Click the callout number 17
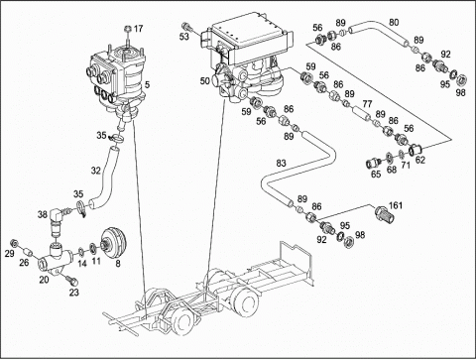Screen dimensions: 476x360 click(x=138, y=29)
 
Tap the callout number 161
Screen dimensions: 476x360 click(x=396, y=205)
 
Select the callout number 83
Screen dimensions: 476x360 click(x=281, y=163)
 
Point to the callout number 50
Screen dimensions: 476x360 click(x=205, y=80)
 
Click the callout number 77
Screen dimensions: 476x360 click(x=367, y=104)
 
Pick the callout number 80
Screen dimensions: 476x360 click(x=394, y=22)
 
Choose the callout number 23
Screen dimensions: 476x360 click(x=73, y=293)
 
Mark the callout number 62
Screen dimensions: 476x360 click(x=420, y=160)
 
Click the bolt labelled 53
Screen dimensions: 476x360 click(x=186, y=26)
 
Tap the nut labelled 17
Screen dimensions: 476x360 click(x=128, y=29)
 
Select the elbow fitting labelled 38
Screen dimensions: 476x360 click(x=57, y=218)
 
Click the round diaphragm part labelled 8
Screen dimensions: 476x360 click(x=114, y=244)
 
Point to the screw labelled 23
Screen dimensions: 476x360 click(x=72, y=280)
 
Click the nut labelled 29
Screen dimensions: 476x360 click(x=14, y=243)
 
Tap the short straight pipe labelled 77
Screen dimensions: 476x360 click(x=361, y=113)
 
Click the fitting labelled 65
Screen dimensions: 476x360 click(x=373, y=163)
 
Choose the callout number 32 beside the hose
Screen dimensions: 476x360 click(x=96, y=171)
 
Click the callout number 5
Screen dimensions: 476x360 click(x=147, y=85)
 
